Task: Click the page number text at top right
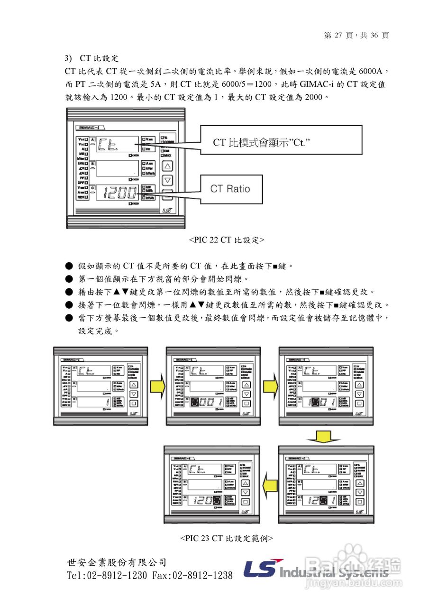[356, 36]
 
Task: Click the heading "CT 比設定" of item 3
[99, 58]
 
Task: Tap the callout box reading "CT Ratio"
[230, 189]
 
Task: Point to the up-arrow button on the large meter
[168, 166]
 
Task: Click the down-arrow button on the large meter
[168, 181]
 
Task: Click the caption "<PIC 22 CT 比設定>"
[227, 240]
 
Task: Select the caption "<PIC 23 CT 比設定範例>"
[227, 538]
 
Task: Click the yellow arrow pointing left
[270, 485]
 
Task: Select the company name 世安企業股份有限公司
[117, 563]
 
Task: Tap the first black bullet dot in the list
[69, 266]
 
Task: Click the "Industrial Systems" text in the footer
[334, 572]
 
